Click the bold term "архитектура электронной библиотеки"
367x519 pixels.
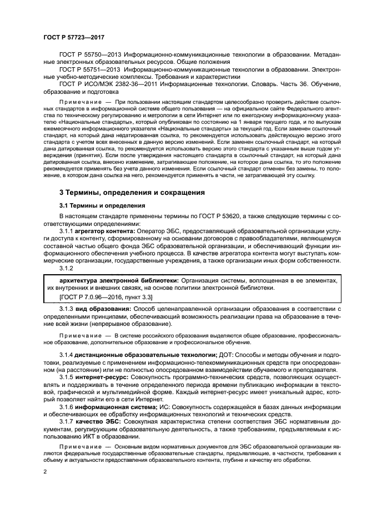click(x=114, y=281)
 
